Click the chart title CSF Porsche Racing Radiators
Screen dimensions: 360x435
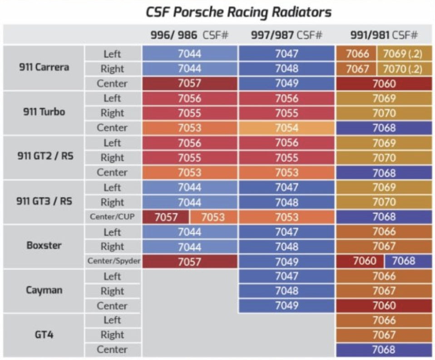point(239,12)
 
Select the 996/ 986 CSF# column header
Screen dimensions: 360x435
point(189,35)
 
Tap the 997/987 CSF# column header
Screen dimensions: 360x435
point(287,35)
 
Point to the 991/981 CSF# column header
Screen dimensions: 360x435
point(384,35)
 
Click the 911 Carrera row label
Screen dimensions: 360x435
point(44,68)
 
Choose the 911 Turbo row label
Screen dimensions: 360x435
point(44,112)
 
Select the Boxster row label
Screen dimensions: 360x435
point(44,246)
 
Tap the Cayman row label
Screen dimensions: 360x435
point(44,290)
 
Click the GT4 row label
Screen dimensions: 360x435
point(44,335)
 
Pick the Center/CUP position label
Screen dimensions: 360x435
point(112,217)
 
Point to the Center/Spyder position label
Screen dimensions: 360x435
point(112,261)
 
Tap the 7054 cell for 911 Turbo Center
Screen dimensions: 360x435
point(287,128)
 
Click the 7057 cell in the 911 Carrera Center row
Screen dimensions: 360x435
point(189,84)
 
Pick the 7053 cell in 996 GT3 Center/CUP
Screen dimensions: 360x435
point(213,217)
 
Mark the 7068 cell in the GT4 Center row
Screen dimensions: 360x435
point(384,350)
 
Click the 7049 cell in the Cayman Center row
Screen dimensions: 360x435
point(287,305)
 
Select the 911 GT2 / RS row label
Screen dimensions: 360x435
point(44,157)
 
